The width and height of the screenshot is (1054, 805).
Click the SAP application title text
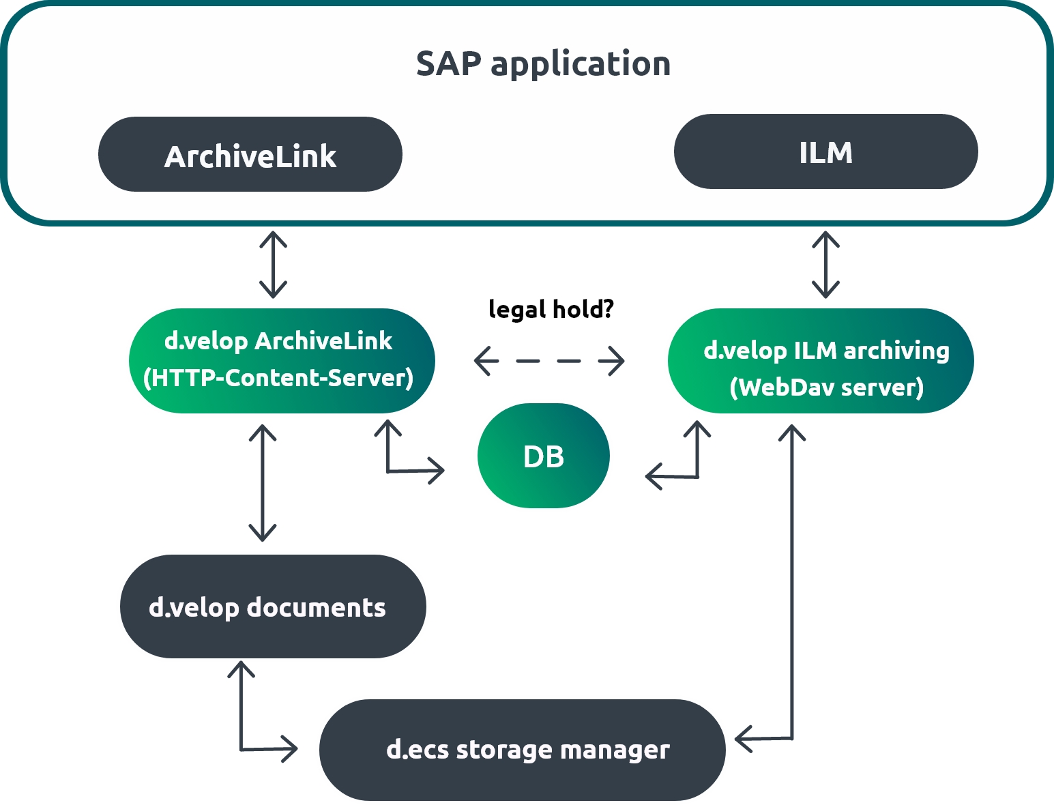[543, 64]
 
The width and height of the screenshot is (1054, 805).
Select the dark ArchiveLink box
[250, 155]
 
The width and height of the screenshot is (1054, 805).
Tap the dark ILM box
[825, 151]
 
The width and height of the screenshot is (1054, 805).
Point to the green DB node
[543, 456]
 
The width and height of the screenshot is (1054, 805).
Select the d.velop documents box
[273, 606]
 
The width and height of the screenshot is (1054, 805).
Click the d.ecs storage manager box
[522, 749]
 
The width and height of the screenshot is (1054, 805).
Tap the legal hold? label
[551, 309]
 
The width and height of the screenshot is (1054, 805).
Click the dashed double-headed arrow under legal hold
[549, 361]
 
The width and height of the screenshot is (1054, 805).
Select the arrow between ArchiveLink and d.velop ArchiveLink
[273, 265]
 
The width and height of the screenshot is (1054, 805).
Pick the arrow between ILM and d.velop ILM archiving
[825, 265]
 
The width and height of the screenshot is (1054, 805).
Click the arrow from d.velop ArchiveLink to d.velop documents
[263, 483]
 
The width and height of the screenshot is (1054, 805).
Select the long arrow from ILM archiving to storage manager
[791, 580]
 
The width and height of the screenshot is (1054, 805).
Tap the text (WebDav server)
[826, 387]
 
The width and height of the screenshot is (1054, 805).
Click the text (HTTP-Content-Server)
[278, 378]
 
